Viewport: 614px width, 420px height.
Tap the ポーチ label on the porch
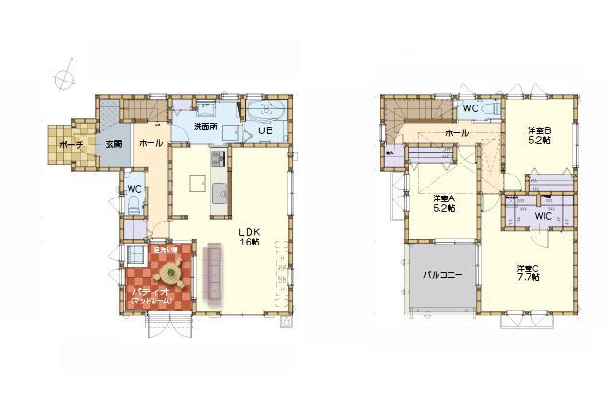pos(69,144)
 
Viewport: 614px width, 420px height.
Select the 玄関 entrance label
pos(114,144)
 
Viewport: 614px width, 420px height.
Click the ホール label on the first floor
pos(151,143)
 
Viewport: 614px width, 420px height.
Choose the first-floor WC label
pos(134,189)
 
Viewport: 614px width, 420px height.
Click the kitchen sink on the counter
pos(218,189)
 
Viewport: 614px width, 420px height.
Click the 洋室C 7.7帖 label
pos(528,272)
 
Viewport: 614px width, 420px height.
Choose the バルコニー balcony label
pos(443,275)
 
